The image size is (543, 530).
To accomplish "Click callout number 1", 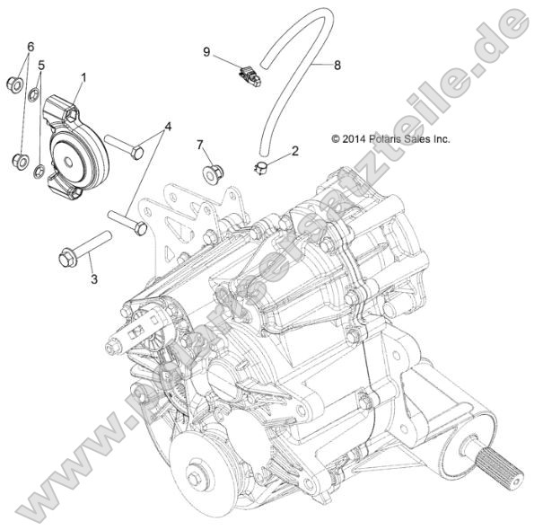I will click(x=84, y=78).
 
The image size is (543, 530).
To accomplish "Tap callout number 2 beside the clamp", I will click(x=294, y=152).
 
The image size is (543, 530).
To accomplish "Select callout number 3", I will click(x=93, y=279).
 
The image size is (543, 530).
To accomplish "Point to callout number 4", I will click(x=167, y=125).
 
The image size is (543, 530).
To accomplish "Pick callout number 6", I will click(x=31, y=46).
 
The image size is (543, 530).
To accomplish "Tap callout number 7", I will click(x=200, y=144).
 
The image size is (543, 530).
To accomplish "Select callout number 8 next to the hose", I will click(x=337, y=65).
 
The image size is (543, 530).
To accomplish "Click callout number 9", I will click(x=206, y=52).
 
